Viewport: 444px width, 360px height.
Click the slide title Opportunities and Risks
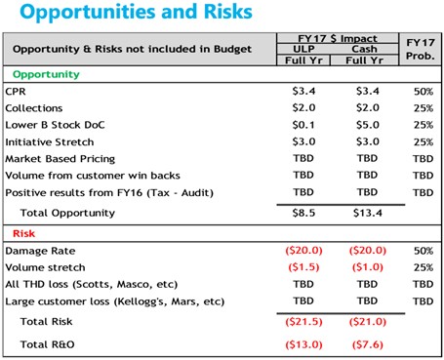[136, 12]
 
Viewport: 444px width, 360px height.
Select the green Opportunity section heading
[46, 74]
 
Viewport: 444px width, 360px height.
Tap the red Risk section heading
[23, 233]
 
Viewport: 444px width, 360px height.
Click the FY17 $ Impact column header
[338, 38]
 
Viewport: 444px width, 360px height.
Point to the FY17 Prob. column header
[421, 49]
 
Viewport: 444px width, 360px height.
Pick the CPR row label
[16, 92]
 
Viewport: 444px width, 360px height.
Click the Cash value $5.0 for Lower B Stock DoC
[368, 125]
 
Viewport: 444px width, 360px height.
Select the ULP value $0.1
[303, 125]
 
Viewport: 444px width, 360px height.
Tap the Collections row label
[34, 108]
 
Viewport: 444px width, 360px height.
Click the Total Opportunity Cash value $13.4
[368, 213]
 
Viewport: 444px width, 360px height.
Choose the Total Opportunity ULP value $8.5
[303, 213]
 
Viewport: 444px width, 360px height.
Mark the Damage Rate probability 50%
[424, 251]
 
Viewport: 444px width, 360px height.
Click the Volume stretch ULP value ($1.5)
[303, 267]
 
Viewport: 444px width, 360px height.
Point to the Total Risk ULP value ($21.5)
[303, 322]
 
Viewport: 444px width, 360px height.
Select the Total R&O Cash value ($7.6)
[368, 344]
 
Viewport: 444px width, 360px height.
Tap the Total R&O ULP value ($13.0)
[303, 344]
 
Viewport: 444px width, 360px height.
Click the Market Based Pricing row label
[61, 159]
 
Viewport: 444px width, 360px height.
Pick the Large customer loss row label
[115, 301]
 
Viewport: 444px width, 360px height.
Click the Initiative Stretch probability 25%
[424, 142]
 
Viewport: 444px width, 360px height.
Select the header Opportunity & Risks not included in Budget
[132, 49]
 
